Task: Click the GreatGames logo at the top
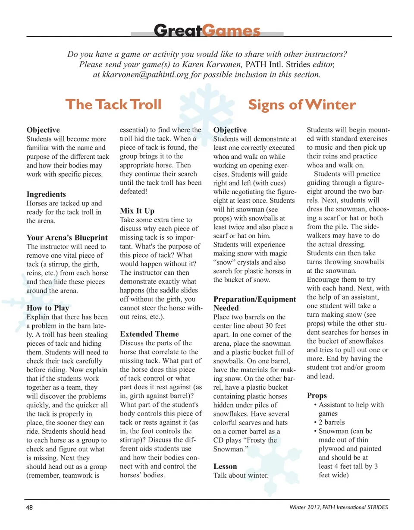(207, 31)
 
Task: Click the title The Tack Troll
(113, 104)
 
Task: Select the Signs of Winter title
(301, 104)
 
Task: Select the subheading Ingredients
(46, 194)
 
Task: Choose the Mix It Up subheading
(137, 211)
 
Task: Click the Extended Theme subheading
(149, 334)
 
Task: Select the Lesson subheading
(226, 467)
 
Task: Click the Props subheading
(317, 395)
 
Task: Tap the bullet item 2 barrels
(335, 423)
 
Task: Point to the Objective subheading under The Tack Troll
(43, 130)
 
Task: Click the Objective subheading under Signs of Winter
(230, 130)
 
